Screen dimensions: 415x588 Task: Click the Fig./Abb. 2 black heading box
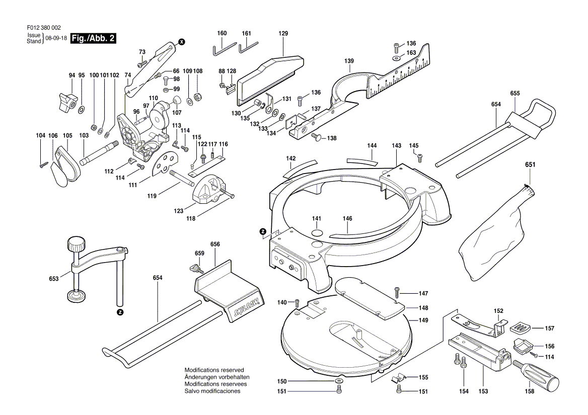tap(94, 38)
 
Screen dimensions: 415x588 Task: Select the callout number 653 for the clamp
tap(54, 278)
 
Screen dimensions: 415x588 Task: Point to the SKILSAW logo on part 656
tap(246, 307)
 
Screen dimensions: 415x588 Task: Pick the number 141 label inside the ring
tap(316, 218)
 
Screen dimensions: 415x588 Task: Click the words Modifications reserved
tap(214, 370)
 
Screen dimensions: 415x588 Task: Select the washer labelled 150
tap(338, 382)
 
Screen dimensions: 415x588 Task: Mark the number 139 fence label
tap(349, 61)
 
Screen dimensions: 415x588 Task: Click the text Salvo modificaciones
tap(212, 391)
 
